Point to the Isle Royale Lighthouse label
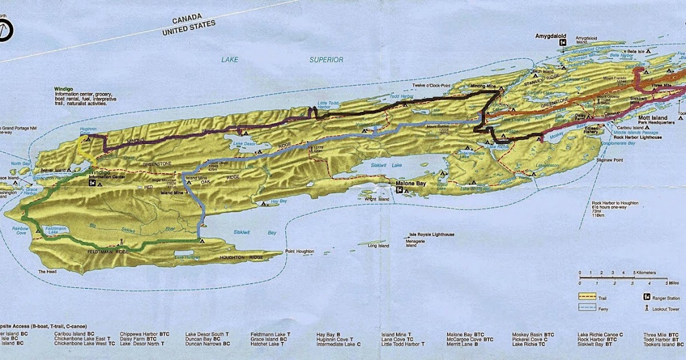coord(432,235)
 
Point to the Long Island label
coord(377,246)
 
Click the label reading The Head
coord(45,271)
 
